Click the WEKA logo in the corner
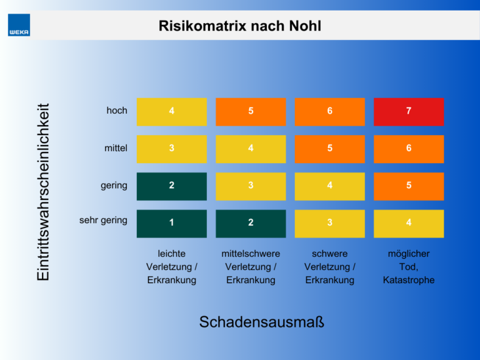(19, 26)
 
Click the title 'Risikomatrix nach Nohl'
(240, 26)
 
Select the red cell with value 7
(409, 111)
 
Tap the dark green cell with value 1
(171, 223)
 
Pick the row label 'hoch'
(117, 111)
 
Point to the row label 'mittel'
(116, 148)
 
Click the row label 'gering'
(114, 185)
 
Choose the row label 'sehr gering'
(103, 220)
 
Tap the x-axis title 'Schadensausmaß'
(262, 322)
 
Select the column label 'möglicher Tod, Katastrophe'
(409, 267)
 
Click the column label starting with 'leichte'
(171, 267)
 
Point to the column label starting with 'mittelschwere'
(251, 267)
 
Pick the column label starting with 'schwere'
(329, 267)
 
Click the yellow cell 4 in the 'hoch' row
(171, 111)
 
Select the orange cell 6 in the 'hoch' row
(329, 111)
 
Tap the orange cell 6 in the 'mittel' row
(409, 149)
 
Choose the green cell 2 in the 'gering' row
(171, 186)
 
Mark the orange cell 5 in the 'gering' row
(409, 186)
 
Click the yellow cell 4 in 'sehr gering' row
(409, 223)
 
